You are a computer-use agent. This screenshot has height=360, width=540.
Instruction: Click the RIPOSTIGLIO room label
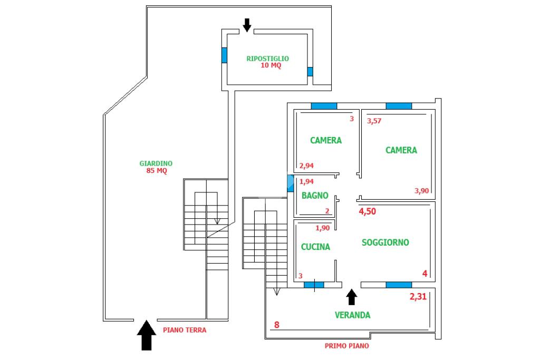point(267,59)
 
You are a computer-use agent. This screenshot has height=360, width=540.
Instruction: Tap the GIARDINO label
point(156,163)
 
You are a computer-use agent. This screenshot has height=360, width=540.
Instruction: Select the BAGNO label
point(315,196)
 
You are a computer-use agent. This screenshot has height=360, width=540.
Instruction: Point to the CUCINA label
point(315,247)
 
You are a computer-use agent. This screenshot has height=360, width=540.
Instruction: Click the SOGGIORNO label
point(385,242)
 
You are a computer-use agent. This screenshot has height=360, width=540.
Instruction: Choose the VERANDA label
point(353,315)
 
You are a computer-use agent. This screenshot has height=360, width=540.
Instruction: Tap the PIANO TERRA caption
point(185,330)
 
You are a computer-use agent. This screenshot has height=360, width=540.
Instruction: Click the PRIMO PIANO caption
point(347,346)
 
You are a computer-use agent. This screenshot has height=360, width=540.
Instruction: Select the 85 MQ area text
point(157,171)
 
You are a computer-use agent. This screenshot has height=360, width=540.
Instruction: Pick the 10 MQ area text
point(271,65)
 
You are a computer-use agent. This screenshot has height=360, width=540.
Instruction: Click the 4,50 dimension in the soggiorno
point(368,211)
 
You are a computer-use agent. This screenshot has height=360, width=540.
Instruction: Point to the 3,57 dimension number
point(374,121)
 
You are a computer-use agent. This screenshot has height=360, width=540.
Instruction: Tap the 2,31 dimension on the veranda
point(418,296)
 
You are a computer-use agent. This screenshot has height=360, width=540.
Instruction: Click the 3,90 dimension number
point(421,191)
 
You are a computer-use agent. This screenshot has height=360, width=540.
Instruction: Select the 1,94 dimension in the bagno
point(306,182)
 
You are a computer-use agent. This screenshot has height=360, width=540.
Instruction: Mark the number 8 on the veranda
point(276,325)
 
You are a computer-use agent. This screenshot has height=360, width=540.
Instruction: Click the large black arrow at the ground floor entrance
point(147,335)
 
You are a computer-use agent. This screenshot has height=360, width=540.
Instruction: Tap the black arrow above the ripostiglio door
point(247,25)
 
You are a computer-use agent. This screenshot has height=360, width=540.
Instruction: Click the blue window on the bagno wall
point(291,183)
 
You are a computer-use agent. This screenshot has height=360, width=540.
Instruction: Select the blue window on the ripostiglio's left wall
point(224,55)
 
